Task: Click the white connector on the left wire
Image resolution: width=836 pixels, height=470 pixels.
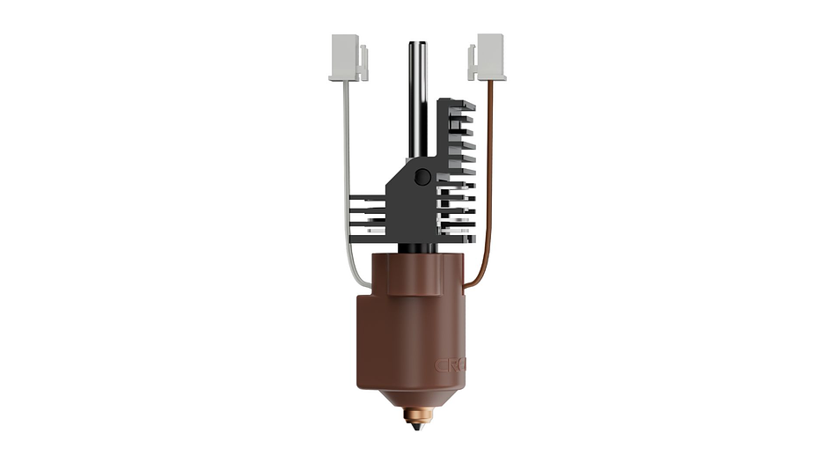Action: pos(345,55)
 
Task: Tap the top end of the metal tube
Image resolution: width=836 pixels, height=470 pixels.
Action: pos(417,44)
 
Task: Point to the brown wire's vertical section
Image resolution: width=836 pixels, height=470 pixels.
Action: pos(490,176)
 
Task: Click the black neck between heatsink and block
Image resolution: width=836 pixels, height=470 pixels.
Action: pos(417,247)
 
